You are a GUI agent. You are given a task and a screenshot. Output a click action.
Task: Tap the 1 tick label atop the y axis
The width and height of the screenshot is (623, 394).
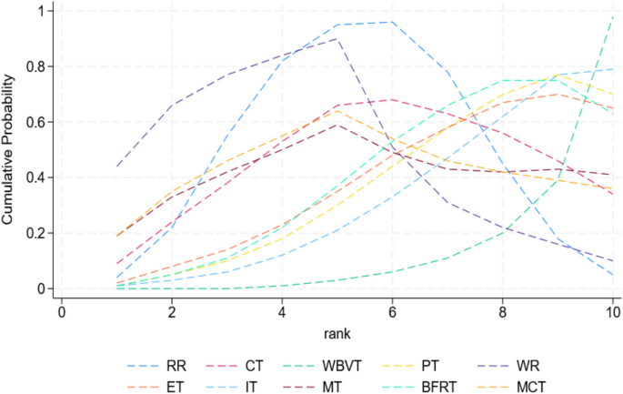click(39, 11)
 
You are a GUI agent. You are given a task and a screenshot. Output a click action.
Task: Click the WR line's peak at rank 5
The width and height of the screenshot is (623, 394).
click(337, 39)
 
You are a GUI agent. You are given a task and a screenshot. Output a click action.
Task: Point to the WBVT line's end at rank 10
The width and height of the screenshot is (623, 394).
click(613, 16)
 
